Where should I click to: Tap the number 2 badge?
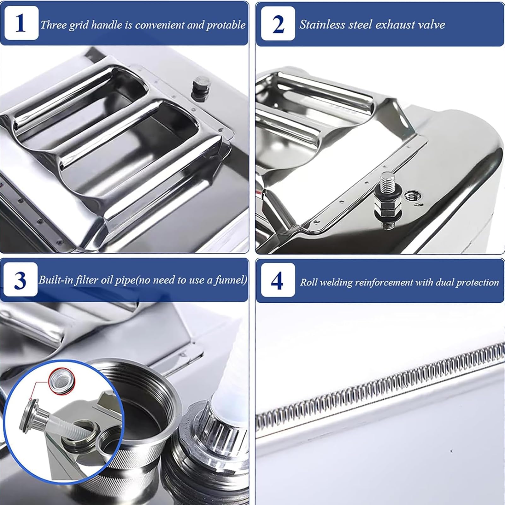coord(278,24)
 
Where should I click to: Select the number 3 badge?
coord(21,279)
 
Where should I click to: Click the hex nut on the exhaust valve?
coord(383,208)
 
